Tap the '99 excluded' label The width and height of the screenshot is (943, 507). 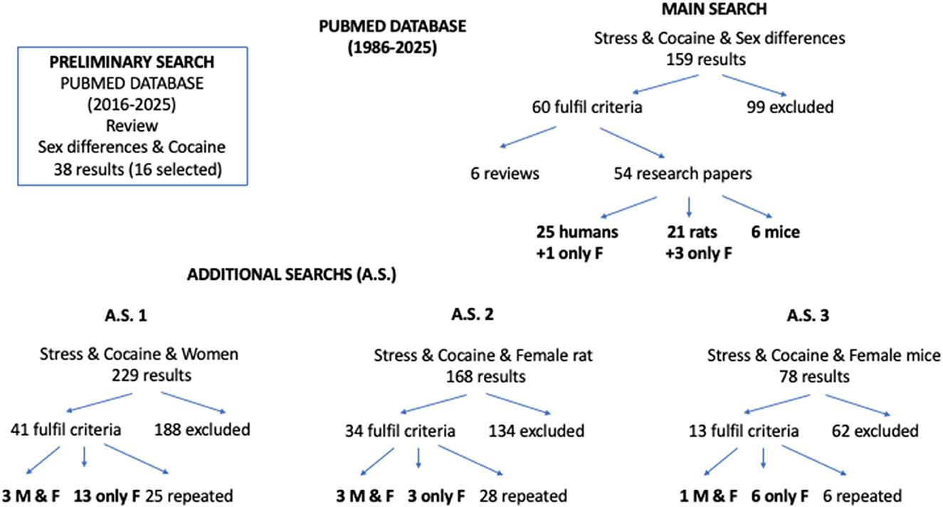coord(790,108)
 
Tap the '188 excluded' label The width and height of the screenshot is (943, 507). coord(202,430)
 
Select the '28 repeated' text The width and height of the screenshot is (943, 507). coord(523,495)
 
